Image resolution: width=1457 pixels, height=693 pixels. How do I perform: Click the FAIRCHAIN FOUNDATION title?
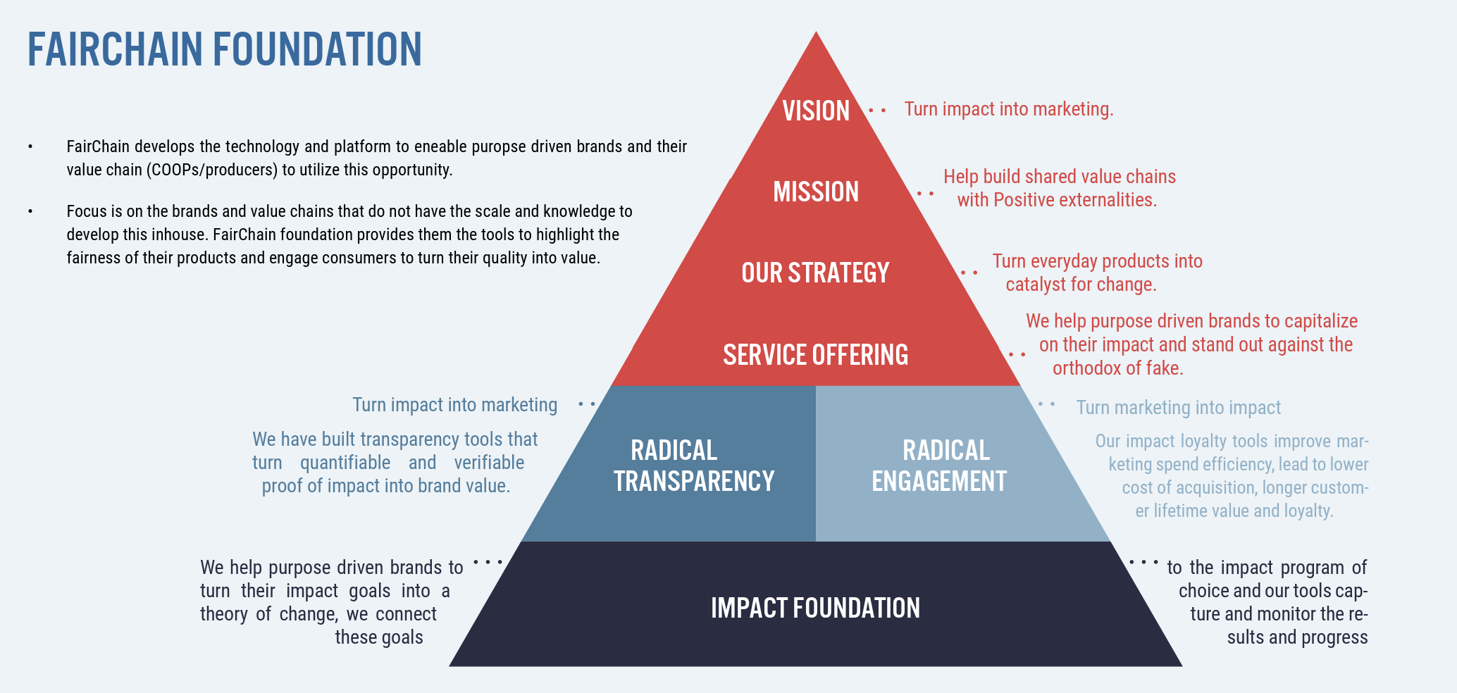click(x=225, y=49)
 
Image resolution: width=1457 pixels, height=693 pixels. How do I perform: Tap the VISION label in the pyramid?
click(x=816, y=111)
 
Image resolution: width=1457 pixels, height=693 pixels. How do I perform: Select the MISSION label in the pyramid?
click(x=816, y=192)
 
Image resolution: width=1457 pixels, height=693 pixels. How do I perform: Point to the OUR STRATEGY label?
click(x=815, y=273)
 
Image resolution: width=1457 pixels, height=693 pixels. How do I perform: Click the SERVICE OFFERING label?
click(x=815, y=355)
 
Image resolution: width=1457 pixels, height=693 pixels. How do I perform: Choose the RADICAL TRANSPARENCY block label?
click(x=694, y=466)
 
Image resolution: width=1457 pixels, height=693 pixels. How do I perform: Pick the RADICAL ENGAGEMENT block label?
click(x=939, y=466)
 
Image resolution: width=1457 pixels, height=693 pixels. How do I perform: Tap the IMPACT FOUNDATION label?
click(x=815, y=608)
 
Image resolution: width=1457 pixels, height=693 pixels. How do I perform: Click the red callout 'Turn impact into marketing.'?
click(x=1009, y=109)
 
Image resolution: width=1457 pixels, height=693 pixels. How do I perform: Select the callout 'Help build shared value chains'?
click(x=1060, y=177)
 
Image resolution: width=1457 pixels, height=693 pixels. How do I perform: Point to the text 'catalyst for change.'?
click(x=1081, y=285)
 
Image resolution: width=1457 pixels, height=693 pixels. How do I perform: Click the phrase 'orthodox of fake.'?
click(x=1117, y=368)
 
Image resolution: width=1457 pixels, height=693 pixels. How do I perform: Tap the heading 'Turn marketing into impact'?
click(x=1178, y=408)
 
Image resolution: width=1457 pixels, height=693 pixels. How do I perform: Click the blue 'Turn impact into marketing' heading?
click(x=454, y=405)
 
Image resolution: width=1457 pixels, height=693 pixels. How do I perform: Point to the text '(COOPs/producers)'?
click(x=212, y=170)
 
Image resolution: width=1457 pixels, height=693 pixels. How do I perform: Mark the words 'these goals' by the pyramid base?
click(x=379, y=637)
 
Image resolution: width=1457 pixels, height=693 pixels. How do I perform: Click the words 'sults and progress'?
click(x=1297, y=637)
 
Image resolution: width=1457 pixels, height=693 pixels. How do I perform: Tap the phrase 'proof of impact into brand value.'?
click(x=386, y=486)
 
